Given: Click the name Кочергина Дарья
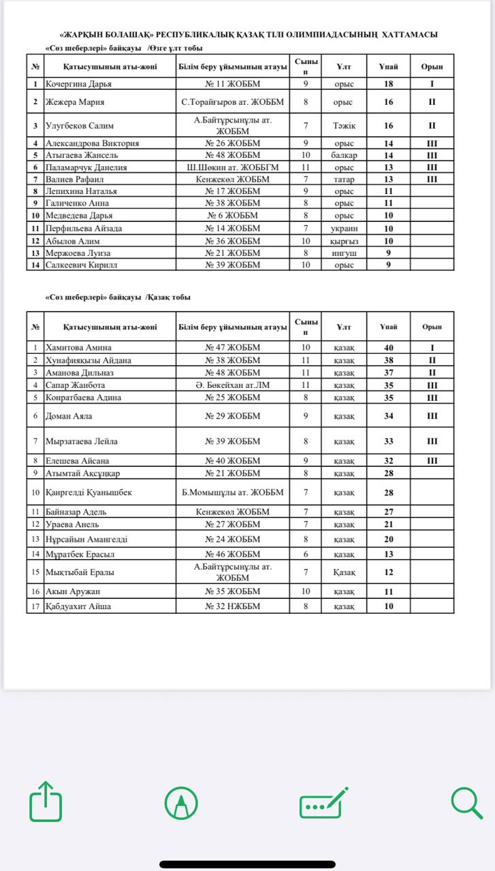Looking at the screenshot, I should click(78, 84).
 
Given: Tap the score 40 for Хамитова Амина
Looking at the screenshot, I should click(389, 347).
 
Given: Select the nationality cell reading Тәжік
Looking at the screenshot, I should click(344, 125).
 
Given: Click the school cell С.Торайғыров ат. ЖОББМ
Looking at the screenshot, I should click(233, 102).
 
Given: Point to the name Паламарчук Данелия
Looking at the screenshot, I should click(86, 167).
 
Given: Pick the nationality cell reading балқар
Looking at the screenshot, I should click(344, 155).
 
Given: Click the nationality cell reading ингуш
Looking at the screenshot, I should click(344, 253).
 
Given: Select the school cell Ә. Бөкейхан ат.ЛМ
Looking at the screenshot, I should click(233, 385).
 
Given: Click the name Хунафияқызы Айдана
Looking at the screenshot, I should click(88, 360).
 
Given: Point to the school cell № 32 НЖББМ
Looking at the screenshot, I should click(233, 606).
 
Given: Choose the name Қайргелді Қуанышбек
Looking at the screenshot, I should click(89, 492).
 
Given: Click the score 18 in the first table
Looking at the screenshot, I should click(389, 84).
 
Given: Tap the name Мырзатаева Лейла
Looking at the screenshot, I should click(81, 441).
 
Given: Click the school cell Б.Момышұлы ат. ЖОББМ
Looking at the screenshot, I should click(233, 492).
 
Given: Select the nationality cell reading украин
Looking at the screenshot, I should click(344, 229).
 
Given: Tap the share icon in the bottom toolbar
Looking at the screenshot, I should click(46, 804).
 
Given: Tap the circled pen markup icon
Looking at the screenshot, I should click(182, 804).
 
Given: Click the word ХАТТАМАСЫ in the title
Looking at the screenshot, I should click(409, 34).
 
